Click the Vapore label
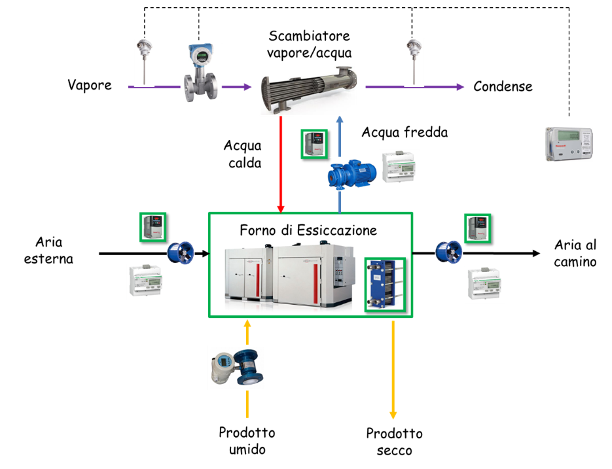(x=90, y=86)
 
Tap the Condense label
(x=503, y=86)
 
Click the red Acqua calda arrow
(x=280, y=164)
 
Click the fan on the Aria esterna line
(x=182, y=252)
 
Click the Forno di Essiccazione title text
(x=308, y=230)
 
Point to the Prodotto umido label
(x=247, y=441)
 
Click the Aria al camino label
(x=575, y=253)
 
